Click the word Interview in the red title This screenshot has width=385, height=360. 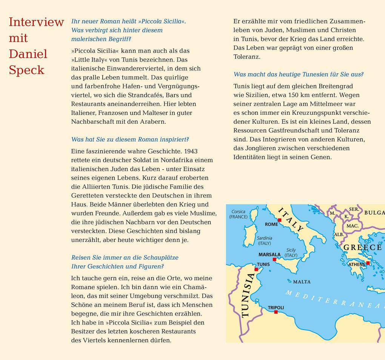pyautogui.click(x=36, y=22)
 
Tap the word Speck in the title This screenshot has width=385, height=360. pyautogui.click(x=26, y=70)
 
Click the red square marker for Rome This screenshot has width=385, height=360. pyautogui.click(x=279, y=220)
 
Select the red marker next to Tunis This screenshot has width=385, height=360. pyautogui.click(x=256, y=269)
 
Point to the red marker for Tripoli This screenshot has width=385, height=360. pyautogui.click(x=276, y=312)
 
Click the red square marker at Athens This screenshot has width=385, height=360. pyautogui.click(x=368, y=263)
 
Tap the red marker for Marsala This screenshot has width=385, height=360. pyautogui.click(x=274, y=260)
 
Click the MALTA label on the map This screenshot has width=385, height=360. pyautogui.click(x=302, y=282)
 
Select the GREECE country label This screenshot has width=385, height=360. pyautogui.click(x=362, y=248)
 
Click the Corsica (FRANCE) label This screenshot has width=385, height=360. pyautogui.click(x=238, y=214)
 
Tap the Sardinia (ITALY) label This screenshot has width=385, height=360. pyautogui.click(x=264, y=241)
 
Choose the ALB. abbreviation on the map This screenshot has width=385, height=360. pyautogui.click(x=339, y=234)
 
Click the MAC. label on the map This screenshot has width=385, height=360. pyautogui.click(x=352, y=226)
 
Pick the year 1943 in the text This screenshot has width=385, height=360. pyautogui.click(x=191, y=151)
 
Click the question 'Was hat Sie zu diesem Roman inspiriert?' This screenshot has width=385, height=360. pyautogui.click(x=130, y=139)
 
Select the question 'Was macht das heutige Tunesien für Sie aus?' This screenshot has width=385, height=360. pyautogui.click(x=299, y=74)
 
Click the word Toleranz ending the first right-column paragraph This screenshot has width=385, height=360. pyautogui.click(x=247, y=57)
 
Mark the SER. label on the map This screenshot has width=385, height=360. pyautogui.click(x=354, y=209)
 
